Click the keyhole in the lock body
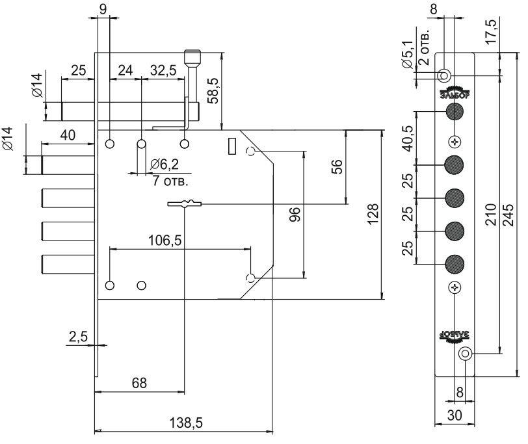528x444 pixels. tap(185, 204)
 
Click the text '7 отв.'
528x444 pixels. tap(167, 179)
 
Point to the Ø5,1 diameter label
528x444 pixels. tap(407, 55)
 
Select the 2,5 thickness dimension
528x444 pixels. tap(77, 336)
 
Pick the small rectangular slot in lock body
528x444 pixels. tap(230, 146)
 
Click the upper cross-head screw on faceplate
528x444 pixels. tap(455, 142)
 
